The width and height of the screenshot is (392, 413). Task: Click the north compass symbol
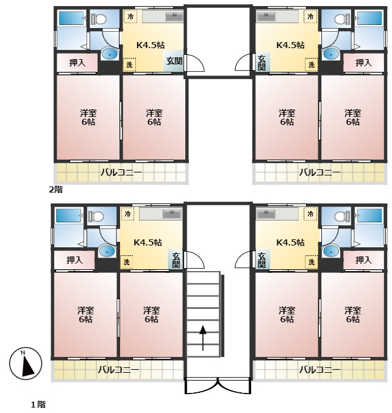26,364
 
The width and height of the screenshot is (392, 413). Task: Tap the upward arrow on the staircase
203,338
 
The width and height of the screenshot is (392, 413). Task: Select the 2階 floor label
56,189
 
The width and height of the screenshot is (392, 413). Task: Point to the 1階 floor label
38,404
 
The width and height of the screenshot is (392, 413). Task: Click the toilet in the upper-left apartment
98,19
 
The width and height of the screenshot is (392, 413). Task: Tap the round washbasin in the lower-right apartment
330,252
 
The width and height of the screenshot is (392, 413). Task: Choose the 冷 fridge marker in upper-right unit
310,16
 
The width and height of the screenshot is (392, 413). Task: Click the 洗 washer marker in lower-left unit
127,262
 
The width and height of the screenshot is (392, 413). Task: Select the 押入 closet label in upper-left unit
77,63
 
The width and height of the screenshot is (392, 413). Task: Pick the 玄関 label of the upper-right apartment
262,63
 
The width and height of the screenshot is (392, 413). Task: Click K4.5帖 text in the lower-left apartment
148,242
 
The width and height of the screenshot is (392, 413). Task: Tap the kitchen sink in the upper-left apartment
174,17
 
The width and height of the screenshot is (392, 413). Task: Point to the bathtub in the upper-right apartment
369,18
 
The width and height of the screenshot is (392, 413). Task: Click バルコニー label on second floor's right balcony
319,173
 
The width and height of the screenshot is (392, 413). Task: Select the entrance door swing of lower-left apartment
195,259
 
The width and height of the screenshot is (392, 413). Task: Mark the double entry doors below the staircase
218,386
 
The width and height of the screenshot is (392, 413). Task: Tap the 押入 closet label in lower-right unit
363,260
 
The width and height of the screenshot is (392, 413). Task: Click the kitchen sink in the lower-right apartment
266,214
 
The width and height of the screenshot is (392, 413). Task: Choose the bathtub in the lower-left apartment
68,216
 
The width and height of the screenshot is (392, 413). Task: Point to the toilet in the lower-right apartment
343,216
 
